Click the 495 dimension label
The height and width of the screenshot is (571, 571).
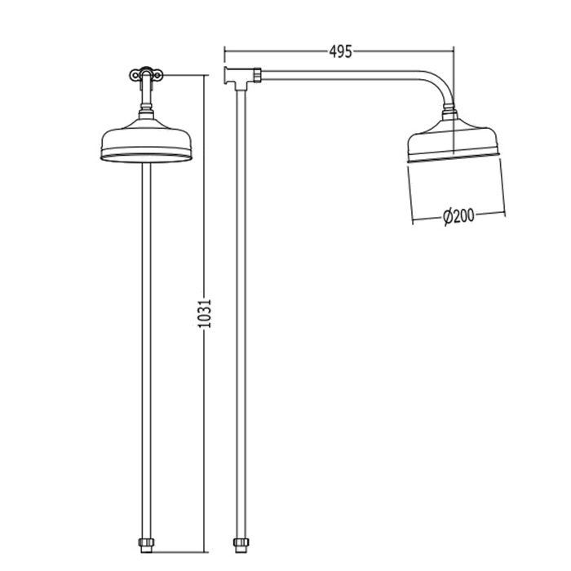click(x=340, y=51)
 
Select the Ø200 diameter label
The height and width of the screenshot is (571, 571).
click(x=458, y=217)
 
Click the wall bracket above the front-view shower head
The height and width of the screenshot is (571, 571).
click(x=146, y=75)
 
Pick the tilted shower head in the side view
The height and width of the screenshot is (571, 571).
click(x=454, y=139)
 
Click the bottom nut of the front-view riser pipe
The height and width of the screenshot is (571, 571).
click(x=146, y=544)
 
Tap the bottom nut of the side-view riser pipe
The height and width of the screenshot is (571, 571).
click(x=241, y=544)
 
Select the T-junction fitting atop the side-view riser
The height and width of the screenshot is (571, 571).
click(x=241, y=77)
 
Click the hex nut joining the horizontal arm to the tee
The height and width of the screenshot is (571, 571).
click(x=259, y=75)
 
